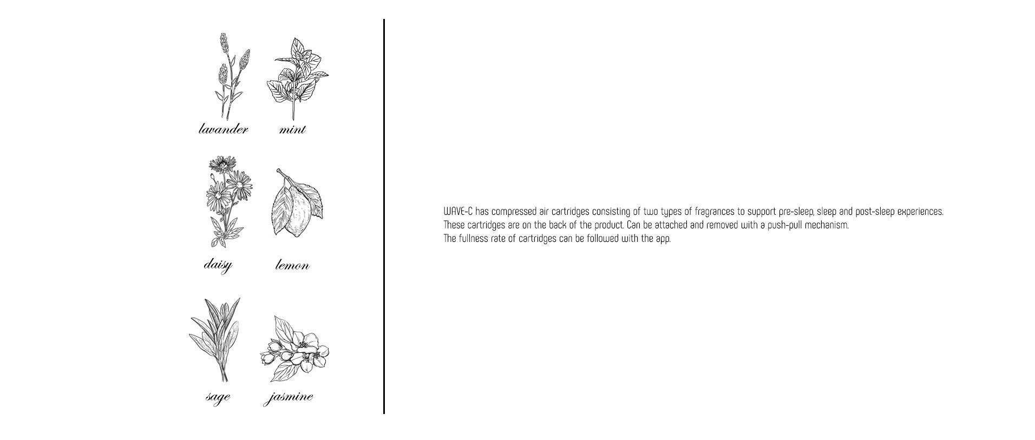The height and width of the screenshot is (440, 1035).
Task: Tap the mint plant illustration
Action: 297,78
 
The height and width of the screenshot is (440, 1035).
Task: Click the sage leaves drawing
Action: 215,340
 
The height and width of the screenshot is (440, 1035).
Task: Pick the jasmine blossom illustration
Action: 294,349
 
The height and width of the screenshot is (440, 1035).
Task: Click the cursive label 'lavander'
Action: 224,129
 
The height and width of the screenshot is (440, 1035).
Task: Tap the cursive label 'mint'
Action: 292,129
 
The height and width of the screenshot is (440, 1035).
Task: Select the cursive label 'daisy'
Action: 218,265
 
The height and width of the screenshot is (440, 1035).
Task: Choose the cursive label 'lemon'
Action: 292,265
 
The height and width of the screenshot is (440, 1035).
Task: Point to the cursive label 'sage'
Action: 218,397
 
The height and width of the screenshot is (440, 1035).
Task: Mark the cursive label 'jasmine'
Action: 289,397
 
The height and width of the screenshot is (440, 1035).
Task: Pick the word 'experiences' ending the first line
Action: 920,212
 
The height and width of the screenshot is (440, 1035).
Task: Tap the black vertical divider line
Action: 384,216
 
